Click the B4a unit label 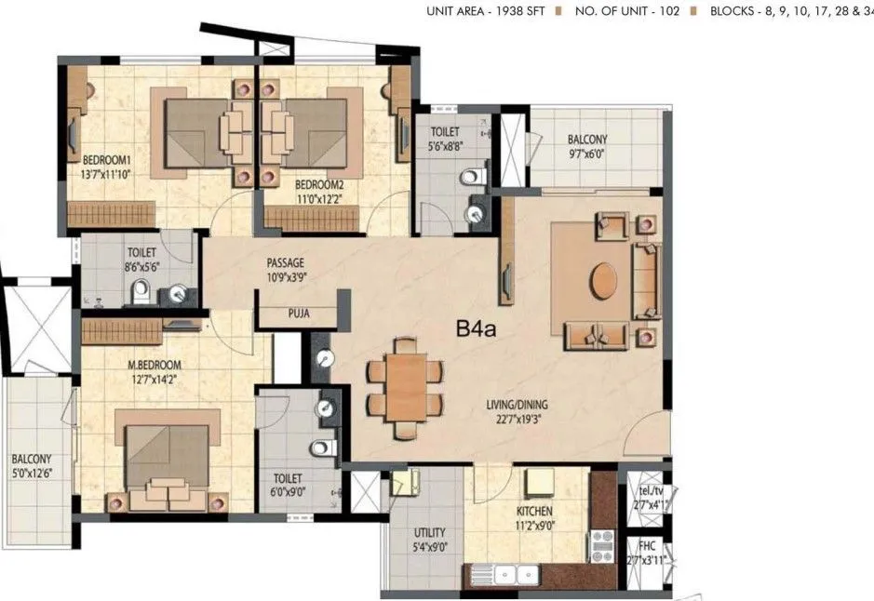tap(476, 328)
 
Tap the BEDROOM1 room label tap(107, 159)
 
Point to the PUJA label tap(299, 314)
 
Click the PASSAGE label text tap(285, 263)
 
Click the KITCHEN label tap(535, 511)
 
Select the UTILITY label tap(429, 533)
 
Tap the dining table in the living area tap(404, 384)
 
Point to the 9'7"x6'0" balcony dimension tap(587, 155)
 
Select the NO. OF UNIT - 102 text tap(627, 12)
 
